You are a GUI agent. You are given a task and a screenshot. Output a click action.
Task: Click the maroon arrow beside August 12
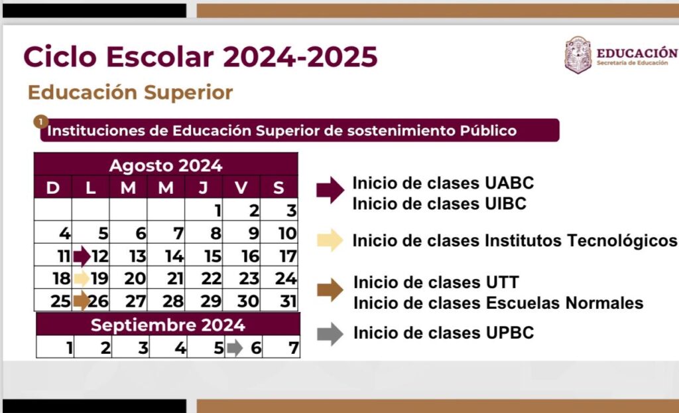[x=82, y=256]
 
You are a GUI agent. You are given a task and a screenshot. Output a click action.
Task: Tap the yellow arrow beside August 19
[x=82, y=278]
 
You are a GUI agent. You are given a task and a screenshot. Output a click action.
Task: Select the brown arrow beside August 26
[x=82, y=300]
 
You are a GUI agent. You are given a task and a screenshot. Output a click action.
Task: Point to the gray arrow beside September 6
[x=235, y=348]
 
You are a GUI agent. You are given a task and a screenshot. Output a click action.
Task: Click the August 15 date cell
[x=204, y=255]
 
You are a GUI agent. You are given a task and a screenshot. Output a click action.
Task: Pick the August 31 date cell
[x=279, y=300]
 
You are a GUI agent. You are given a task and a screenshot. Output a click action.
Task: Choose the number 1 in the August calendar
[x=217, y=211]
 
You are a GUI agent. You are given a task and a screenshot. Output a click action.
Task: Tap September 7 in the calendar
[x=281, y=347]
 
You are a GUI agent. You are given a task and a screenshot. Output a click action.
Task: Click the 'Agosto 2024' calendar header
[x=166, y=165]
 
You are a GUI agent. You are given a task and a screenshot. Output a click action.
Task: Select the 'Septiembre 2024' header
[x=168, y=325]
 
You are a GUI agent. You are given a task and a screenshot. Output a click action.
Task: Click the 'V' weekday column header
[x=241, y=187]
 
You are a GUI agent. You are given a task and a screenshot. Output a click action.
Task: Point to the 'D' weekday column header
[x=53, y=187]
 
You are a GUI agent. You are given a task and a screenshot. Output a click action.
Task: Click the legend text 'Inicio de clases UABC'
[x=443, y=183]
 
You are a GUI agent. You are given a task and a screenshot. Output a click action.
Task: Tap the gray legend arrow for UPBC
[x=330, y=334]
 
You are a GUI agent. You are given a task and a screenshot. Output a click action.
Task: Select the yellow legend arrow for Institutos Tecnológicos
[x=330, y=240]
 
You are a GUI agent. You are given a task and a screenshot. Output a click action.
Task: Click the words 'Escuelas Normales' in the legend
[x=564, y=303]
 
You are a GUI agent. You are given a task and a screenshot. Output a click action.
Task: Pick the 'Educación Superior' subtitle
[x=131, y=92]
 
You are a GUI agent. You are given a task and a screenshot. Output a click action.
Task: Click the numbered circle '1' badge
[x=40, y=122]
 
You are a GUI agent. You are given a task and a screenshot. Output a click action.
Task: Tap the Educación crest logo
[x=578, y=54]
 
